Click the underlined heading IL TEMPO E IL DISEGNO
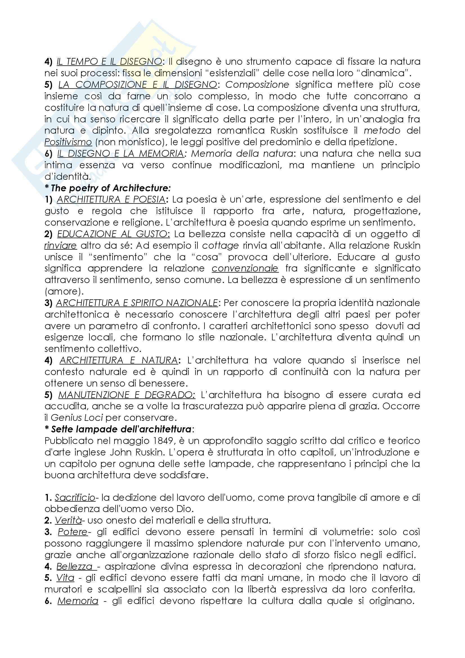click(x=109, y=62)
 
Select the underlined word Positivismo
click(x=68, y=142)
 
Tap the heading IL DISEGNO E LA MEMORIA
click(x=120, y=154)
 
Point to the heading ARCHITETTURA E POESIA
click(x=111, y=199)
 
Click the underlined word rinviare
click(x=60, y=246)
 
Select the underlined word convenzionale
click(x=245, y=269)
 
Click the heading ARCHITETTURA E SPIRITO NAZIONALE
click(x=137, y=303)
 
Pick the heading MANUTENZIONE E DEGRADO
click(x=127, y=395)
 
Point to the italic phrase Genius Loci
click(x=77, y=418)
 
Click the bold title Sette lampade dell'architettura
click(x=121, y=429)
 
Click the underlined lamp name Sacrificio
click(x=75, y=498)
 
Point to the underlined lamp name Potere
click(x=73, y=532)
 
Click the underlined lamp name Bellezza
click(x=75, y=567)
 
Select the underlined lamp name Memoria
click(x=78, y=601)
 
